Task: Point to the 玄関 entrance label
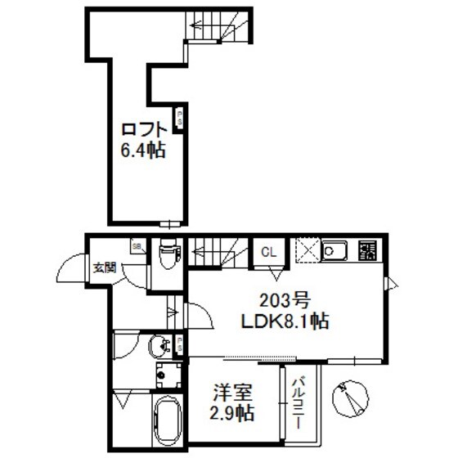pos(103,266)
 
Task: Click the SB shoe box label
pos(137,245)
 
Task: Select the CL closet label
pos(268,253)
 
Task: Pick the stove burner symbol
pos(367,251)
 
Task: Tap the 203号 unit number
pos(285,299)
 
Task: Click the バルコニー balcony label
pos(299,402)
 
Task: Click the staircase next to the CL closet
pos(217,250)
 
